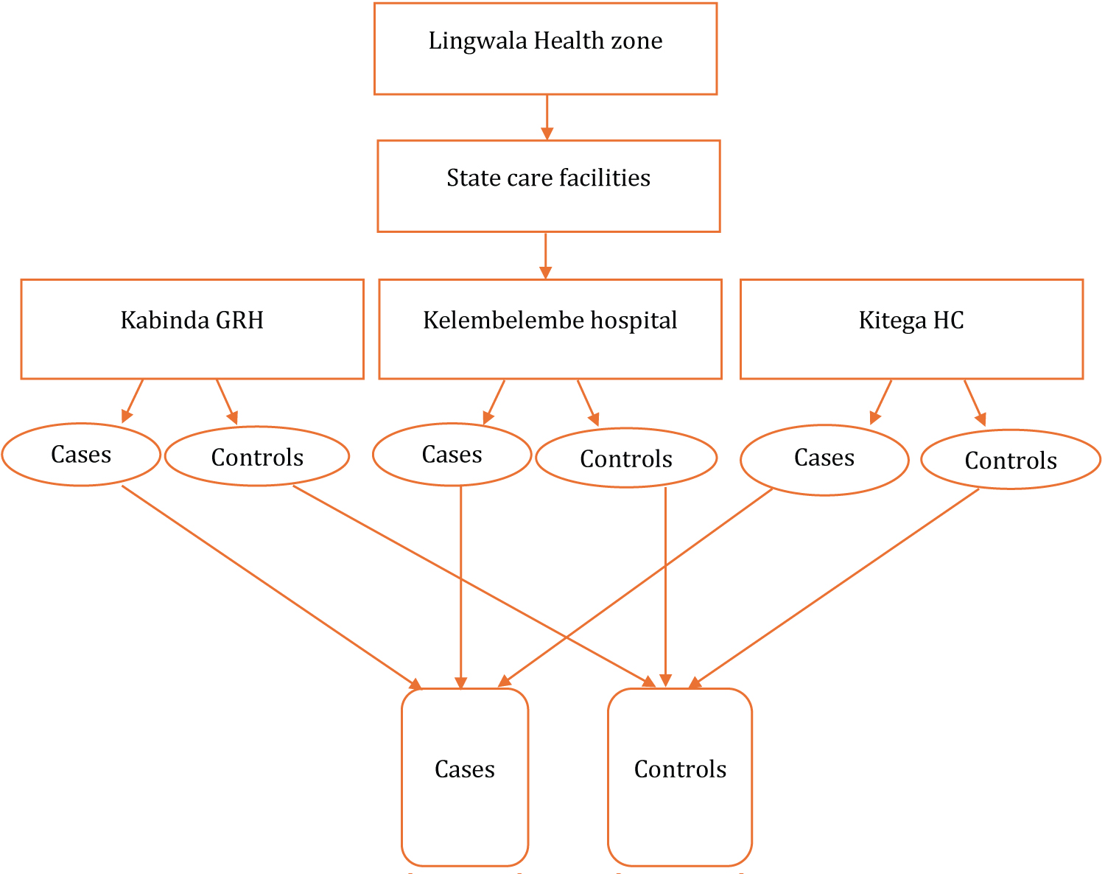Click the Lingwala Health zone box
[x=545, y=49]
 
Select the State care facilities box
[x=548, y=186]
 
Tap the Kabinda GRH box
[x=192, y=329]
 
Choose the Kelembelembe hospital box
[x=550, y=329]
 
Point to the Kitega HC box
[x=911, y=329]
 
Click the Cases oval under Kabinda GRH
[x=81, y=455]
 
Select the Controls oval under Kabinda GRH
[x=257, y=457]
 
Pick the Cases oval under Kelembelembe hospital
[x=452, y=455]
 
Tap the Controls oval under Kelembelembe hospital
[x=626, y=458]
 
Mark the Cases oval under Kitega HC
[x=824, y=458]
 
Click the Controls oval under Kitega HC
[x=1011, y=460]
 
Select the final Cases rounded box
[x=465, y=777]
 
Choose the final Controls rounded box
[x=680, y=777]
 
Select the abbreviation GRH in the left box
[x=239, y=321]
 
